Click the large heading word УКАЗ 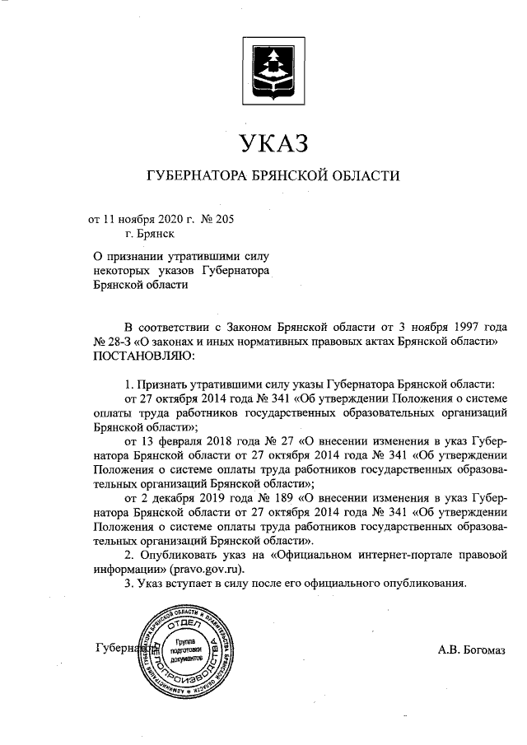click(x=273, y=144)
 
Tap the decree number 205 click(x=235, y=220)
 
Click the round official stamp click(x=180, y=650)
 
